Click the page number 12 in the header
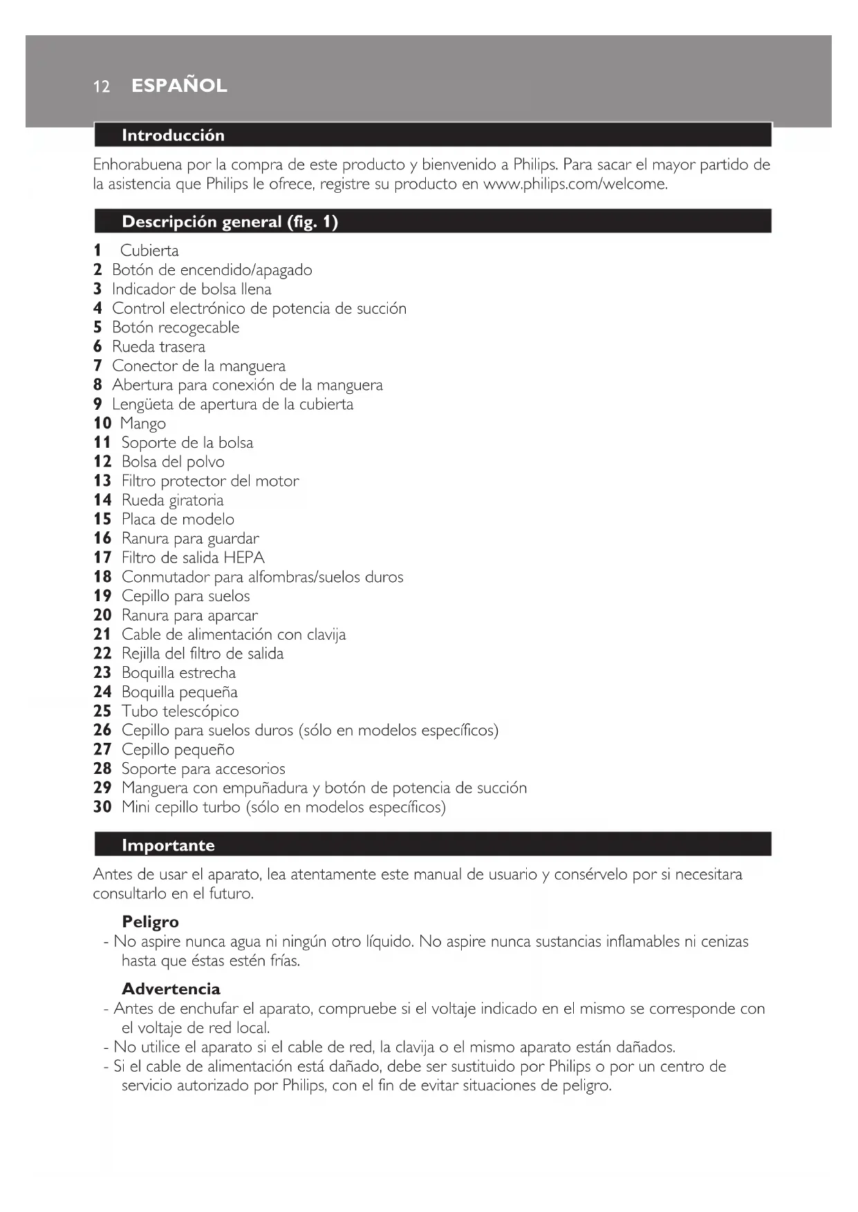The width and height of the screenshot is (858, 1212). point(102,86)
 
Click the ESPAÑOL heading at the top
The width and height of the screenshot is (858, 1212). point(179,86)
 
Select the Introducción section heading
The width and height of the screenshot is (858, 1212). point(173,135)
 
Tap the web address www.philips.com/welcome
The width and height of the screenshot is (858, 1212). point(575,184)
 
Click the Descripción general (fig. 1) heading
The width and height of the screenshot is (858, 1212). point(230,222)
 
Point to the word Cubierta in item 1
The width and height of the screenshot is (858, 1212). point(149,251)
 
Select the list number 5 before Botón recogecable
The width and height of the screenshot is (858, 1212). point(97,328)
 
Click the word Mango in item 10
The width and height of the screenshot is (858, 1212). point(143,424)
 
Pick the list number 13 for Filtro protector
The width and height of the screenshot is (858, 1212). point(102,481)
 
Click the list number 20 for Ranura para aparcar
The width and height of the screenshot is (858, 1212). point(102,615)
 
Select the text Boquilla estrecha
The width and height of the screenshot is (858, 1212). point(178,673)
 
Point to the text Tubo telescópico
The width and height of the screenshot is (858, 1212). point(180,711)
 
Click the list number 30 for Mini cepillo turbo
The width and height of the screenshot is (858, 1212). point(102,807)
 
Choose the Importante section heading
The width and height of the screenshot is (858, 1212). point(168,845)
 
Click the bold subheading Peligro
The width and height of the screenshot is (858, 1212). point(150,922)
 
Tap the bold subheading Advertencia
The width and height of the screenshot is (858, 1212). point(171,989)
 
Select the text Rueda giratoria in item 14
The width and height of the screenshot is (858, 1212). point(172,500)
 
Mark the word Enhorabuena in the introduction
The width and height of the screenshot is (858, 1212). point(138,164)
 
